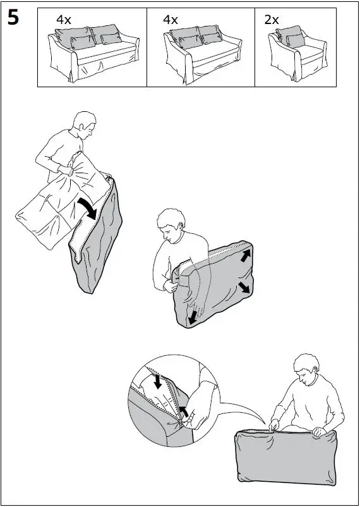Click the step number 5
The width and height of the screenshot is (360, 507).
pos(13,18)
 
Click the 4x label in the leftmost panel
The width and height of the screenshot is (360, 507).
pos(63,20)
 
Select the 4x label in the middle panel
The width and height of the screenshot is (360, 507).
pos(171,20)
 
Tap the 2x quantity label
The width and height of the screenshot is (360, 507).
pos(272,20)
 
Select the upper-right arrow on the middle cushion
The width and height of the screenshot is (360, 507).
pos(243,256)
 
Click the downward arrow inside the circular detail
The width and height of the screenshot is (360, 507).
pos(158,382)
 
